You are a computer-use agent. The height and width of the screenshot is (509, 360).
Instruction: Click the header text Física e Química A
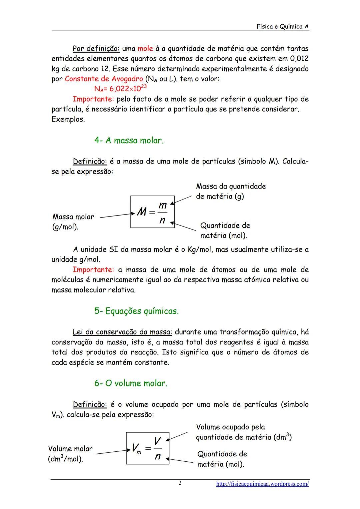282,27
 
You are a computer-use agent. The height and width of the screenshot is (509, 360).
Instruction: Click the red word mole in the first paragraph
145,49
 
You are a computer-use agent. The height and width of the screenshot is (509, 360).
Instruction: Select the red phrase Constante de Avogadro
104,79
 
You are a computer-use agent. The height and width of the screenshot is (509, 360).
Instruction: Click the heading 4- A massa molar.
129,141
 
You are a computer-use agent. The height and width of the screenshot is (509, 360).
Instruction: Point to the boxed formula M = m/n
152,212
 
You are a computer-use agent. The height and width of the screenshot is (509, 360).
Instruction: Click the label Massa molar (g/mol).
73,222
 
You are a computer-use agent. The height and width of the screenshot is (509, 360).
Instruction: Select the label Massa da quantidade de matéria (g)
231,191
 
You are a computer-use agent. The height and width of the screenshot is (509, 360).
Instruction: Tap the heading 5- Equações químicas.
136,311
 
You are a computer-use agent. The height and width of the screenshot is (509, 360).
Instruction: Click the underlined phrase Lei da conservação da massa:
122,332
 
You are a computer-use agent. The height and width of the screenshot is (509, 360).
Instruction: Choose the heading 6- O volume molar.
131,383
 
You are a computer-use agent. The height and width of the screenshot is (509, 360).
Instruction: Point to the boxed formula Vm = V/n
148,448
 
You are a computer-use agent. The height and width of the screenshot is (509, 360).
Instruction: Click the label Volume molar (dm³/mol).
70,454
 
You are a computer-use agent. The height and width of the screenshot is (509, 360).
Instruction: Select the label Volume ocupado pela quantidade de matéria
243,432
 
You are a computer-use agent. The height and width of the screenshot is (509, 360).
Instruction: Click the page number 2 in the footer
180,483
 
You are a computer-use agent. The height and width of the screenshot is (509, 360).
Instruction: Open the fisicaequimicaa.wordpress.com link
262,484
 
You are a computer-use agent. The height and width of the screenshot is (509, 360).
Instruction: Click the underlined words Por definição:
96,49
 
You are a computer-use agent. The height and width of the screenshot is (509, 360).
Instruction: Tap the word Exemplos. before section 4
68,119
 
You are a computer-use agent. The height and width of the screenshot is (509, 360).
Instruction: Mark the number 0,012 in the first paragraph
299,59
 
